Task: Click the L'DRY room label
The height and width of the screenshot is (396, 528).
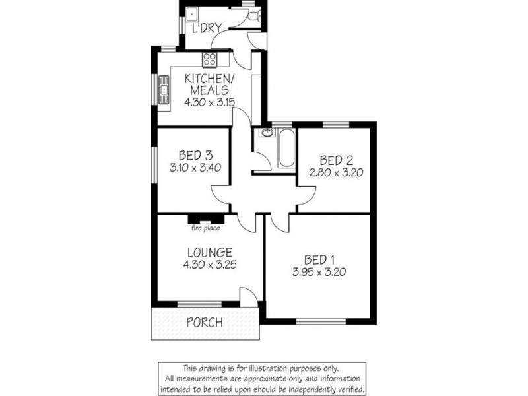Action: (205, 28)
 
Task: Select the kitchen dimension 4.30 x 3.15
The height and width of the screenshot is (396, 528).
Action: (209, 102)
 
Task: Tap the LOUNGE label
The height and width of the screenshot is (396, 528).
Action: (209, 252)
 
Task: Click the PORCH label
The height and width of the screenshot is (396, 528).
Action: (204, 323)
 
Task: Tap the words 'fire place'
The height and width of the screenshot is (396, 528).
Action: (205, 229)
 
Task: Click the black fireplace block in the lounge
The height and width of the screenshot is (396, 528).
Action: (206, 219)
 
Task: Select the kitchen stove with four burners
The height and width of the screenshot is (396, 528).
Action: (211, 60)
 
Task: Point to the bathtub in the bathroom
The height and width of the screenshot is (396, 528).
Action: (286, 148)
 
